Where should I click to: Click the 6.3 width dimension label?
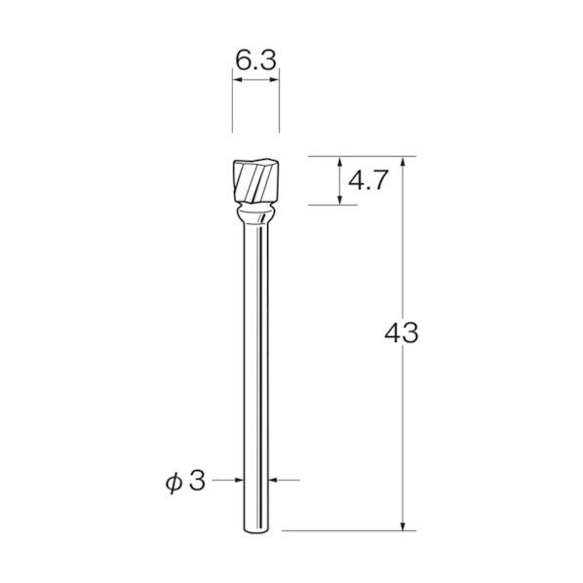(256, 60)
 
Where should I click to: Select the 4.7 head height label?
(369, 180)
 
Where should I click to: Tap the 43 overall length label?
(402, 332)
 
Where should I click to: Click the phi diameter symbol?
(174, 483)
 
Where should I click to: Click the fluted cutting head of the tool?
(255, 181)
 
